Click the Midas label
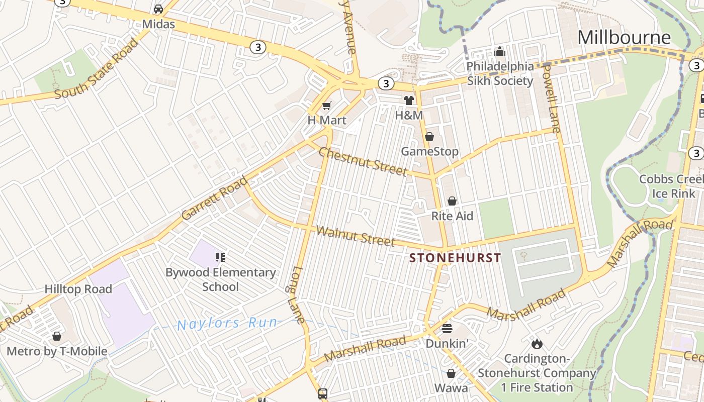[158, 24]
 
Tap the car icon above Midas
[158, 9]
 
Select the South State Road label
[97, 69]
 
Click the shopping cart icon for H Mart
[327, 106]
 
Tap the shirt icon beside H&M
[409, 100]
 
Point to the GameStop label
[429, 151]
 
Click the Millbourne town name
[624, 37]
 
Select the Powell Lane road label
[552, 99]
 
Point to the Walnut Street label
[356, 236]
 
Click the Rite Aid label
[452, 216]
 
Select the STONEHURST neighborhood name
[455, 258]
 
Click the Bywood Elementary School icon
[220, 257]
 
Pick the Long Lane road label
[298, 294]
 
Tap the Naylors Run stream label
[227, 324]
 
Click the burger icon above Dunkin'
[447, 329]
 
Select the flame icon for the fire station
[537, 344]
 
